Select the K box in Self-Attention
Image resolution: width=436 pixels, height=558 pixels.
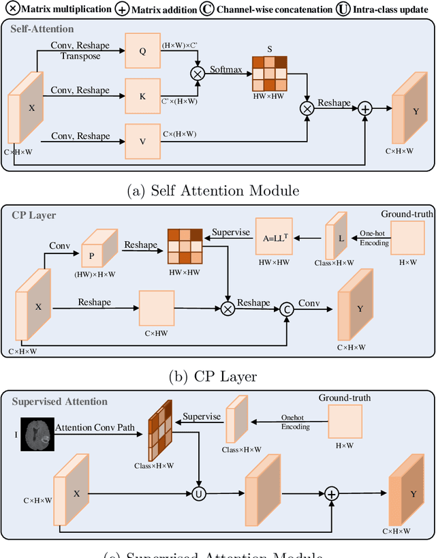(x=142, y=97)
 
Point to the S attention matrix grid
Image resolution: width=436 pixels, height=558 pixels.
(x=270, y=72)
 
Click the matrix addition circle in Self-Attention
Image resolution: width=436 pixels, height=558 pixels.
(x=365, y=109)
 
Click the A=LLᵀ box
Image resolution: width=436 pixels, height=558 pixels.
(x=278, y=239)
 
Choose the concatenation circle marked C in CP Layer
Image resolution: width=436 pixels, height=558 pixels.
(x=287, y=309)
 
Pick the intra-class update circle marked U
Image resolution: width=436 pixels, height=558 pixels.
(x=199, y=493)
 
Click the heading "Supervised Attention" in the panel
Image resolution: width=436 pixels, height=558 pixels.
(x=60, y=401)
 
